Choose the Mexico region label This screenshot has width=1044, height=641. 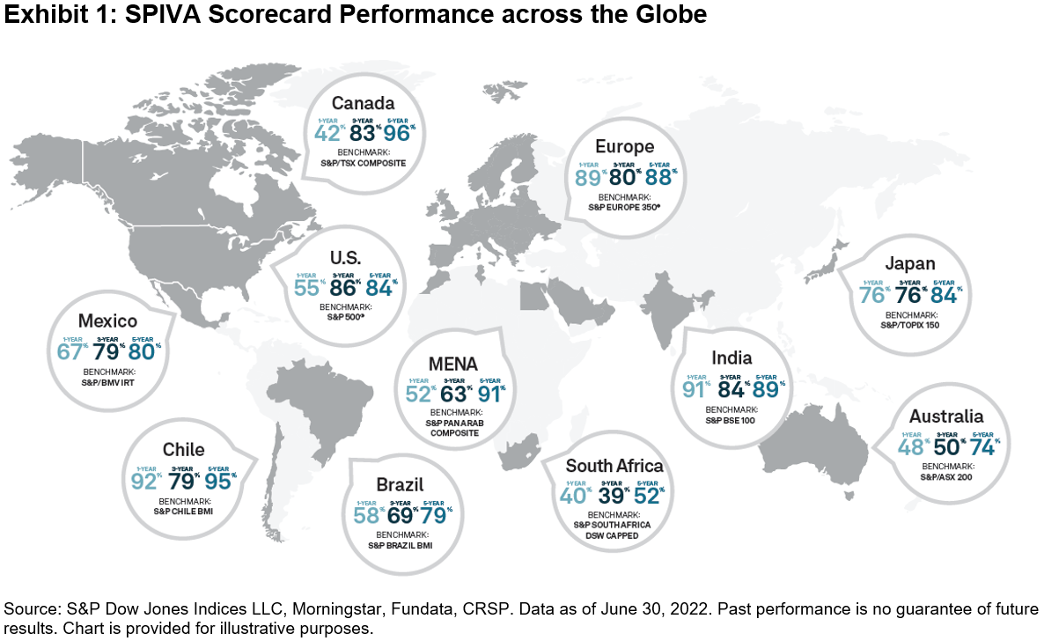pyautogui.click(x=108, y=320)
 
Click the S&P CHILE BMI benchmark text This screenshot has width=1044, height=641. pyautogui.click(x=184, y=510)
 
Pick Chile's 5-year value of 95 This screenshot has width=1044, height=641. pyautogui.click(x=220, y=481)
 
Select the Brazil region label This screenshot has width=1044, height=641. pyautogui.click(x=400, y=484)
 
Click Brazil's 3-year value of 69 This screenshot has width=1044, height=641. pyautogui.click(x=401, y=514)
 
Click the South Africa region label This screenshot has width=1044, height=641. pyautogui.click(x=614, y=466)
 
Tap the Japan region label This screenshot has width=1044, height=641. pyautogui.click(x=910, y=263)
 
